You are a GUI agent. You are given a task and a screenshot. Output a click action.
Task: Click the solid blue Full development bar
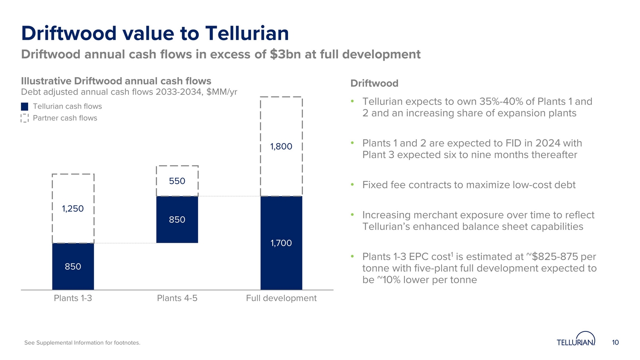(x=281, y=256)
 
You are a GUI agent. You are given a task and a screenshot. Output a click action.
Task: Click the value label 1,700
(x=281, y=243)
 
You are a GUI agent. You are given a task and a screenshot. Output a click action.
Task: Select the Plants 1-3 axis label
(x=73, y=298)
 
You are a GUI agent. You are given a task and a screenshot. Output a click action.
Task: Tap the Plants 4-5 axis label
(x=177, y=298)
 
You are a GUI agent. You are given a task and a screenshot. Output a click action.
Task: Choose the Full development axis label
(x=281, y=298)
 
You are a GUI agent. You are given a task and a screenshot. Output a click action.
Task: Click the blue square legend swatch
(x=25, y=107)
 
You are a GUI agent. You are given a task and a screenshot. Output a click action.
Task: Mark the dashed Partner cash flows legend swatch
(x=25, y=118)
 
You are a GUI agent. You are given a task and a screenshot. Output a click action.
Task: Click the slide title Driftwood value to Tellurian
(x=155, y=33)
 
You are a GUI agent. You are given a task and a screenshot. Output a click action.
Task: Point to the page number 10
(x=615, y=342)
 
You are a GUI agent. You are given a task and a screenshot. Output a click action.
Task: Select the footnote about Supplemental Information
(x=82, y=343)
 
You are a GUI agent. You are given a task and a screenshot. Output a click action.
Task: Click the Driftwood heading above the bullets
(x=374, y=84)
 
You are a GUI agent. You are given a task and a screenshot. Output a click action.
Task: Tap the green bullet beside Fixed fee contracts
(x=352, y=185)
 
